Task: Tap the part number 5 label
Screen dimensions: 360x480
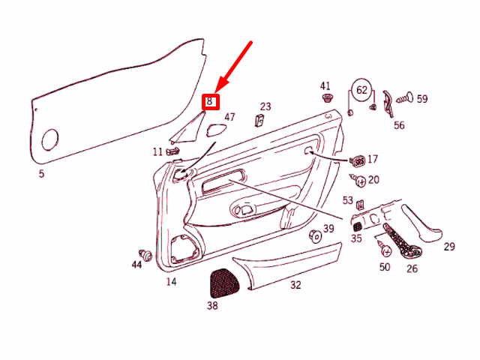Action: pyautogui.click(x=41, y=174)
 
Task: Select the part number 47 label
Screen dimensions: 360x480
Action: pyautogui.click(x=229, y=117)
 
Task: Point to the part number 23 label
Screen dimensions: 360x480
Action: pyautogui.click(x=265, y=106)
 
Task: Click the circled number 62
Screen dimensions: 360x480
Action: pyautogui.click(x=361, y=91)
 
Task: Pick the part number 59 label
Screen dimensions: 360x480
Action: pyautogui.click(x=421, y=98)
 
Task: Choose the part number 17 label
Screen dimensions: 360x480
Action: pyautogui.click(x=373, y=159)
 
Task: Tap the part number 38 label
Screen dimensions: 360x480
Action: pyautogui.click(x=212, y=305)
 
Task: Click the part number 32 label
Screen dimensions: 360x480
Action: pyautogui.click(x=295, y=285)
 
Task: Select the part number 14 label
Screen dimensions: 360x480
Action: pyautogui.click(x=171, y=281)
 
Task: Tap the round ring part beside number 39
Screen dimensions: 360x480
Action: pyautogui.click(x=316, y=236)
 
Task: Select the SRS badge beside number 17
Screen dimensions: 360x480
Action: pyautogui.click(x=358, y=160)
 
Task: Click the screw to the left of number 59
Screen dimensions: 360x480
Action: pyautogui.click(x=403, y=97)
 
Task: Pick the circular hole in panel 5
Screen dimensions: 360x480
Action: pyautogui.click(x=50, y=139)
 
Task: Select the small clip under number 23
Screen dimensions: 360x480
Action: pyautogui.click(x=260, y=121)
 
